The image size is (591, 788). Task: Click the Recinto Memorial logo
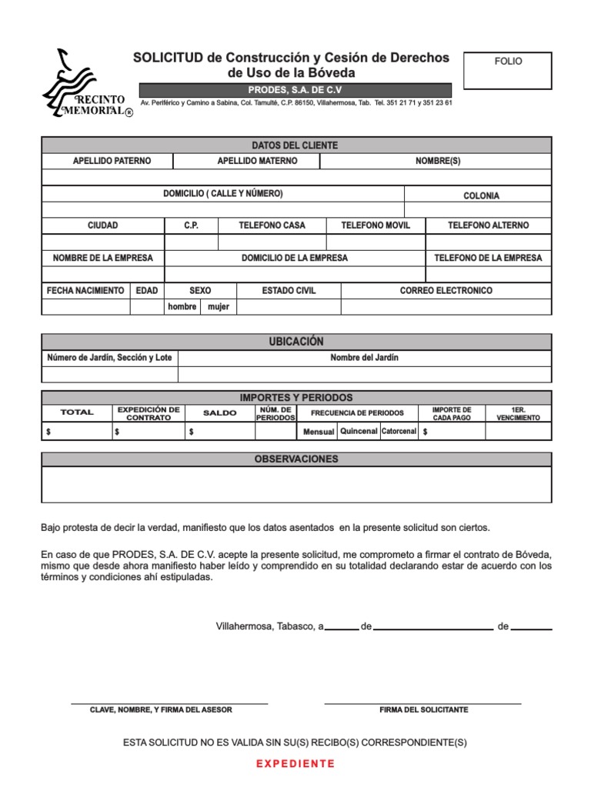point(85,85)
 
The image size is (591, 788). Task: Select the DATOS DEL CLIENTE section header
point(295,145)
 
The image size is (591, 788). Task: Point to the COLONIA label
point(481,195)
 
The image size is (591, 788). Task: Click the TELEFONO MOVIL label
point(376,225)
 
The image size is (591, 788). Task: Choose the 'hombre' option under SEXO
point(182,307)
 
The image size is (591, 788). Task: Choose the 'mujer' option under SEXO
point(219,307)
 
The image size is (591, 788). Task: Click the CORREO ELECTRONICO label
point(446,291)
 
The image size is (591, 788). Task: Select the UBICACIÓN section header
point(295,342)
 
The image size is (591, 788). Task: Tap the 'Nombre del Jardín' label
point(364,358)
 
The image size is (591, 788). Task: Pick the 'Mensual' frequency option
point(319,432)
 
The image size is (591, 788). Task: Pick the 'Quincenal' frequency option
point(359,431)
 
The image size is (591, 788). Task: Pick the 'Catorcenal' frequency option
point(399,431)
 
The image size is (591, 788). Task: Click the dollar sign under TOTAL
point(48,432)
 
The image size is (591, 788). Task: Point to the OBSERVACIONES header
point(295,459)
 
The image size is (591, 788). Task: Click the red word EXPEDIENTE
point(295,763)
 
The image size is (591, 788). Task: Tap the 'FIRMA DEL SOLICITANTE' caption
point(423,710)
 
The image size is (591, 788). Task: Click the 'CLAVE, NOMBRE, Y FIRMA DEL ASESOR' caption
point(161,710)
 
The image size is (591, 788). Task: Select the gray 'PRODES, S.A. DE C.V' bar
point(295,91)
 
